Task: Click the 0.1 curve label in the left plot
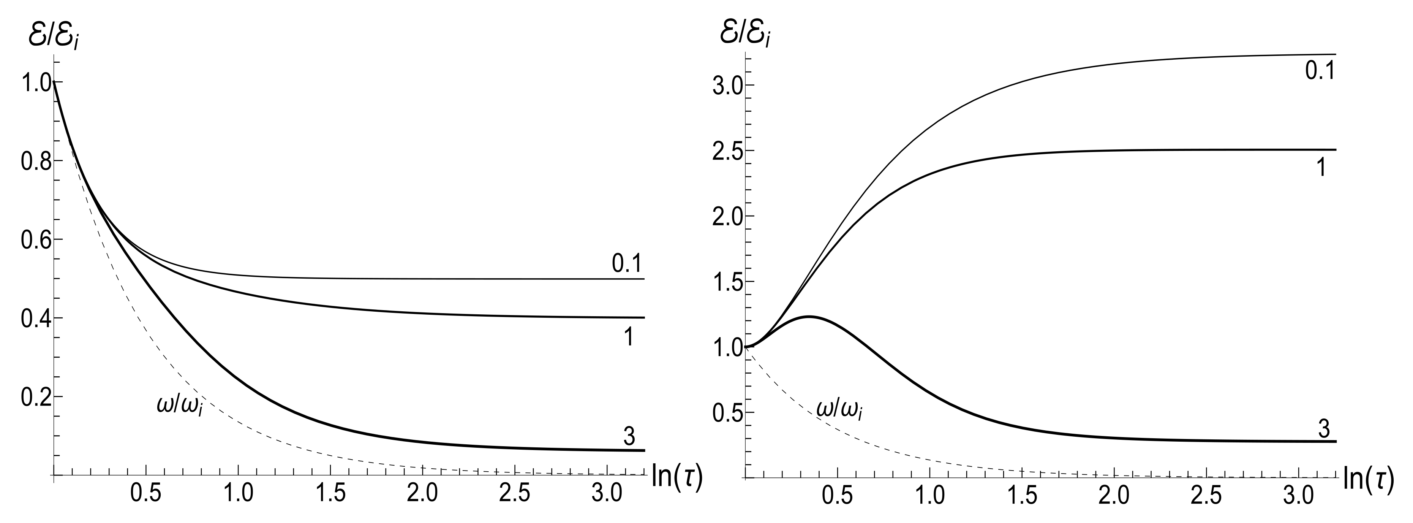[626, 265]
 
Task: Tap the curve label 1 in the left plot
[629, 338]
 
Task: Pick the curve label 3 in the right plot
[1324, 429]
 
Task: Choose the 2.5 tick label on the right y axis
[725, 151]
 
